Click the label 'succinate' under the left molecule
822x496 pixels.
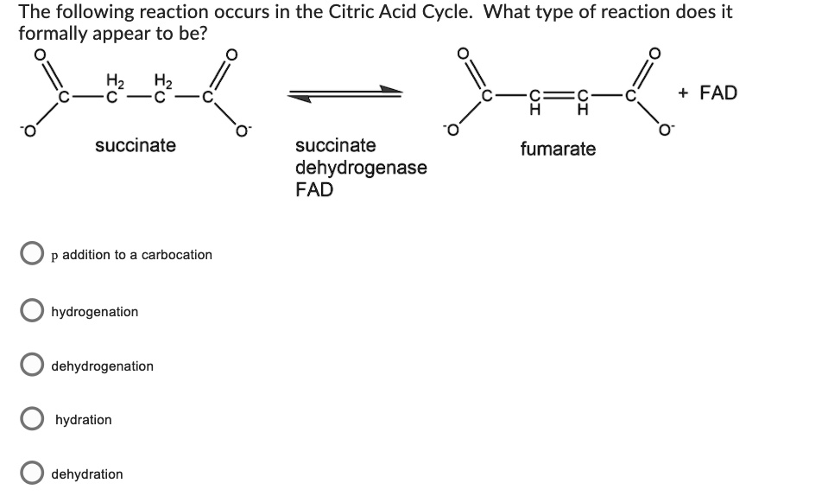click(x=136, y=145)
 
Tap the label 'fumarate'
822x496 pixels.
click(x=558, y=149)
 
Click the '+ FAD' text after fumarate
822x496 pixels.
click(x=708, y=92)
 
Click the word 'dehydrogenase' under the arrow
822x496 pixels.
click(x=361, y=168)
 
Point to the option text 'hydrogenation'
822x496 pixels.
click(x=95, y=311)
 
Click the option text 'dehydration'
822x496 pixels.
click(x=87, y=474)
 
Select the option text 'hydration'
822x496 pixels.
click(x=84, y=420)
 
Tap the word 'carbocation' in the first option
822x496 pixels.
click(x=176, y=255)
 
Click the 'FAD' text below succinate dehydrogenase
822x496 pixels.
click(x=314, y=190)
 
